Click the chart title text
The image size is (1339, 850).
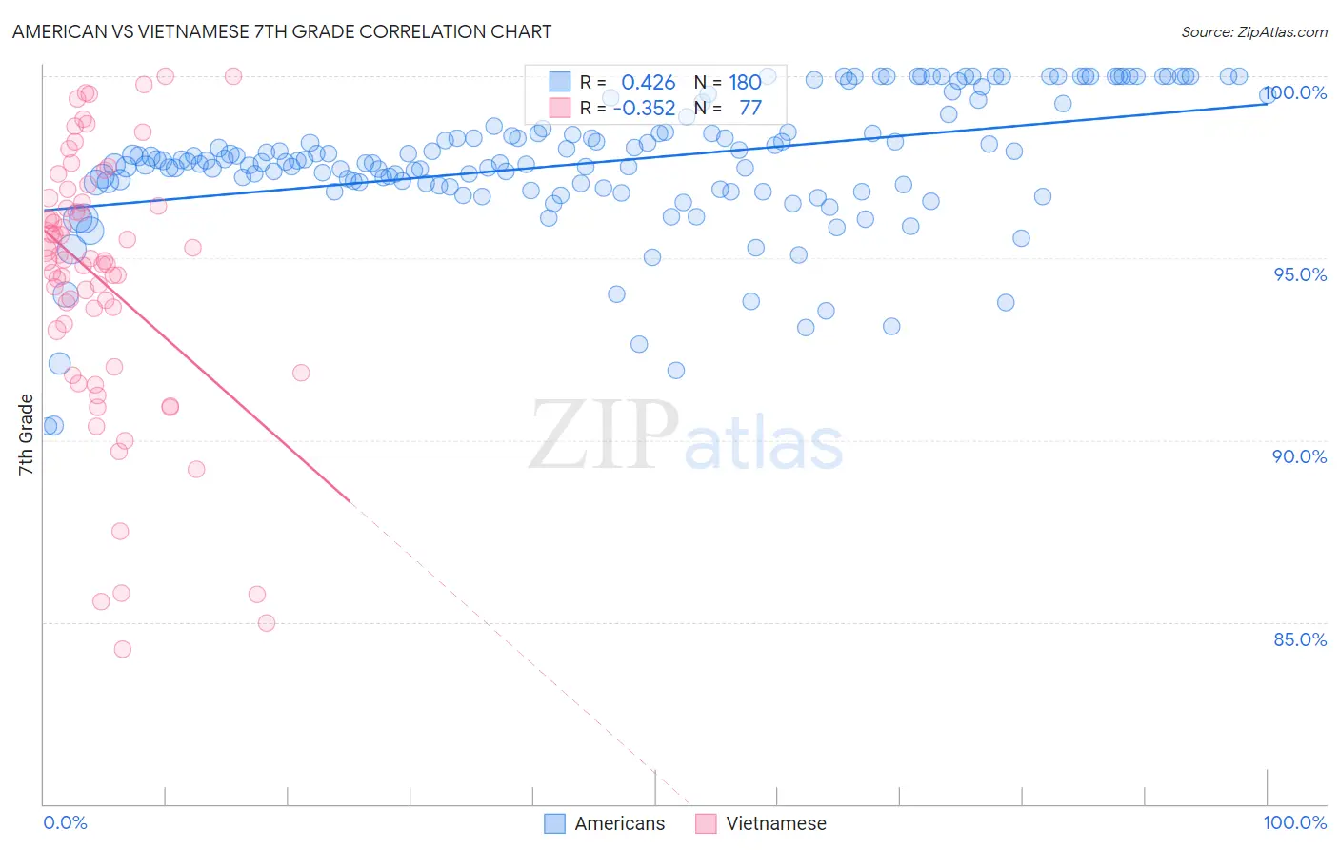point(282,31)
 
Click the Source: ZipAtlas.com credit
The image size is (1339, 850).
point(1253,31)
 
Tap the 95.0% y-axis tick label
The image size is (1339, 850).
point(1300,274)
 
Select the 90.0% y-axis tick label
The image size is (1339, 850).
point(1300,456)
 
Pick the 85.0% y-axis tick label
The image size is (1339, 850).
point(1300,639)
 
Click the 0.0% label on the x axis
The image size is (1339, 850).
point(66,822)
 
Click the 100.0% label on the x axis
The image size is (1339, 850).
point(1294,822)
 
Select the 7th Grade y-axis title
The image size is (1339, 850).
point(27,435)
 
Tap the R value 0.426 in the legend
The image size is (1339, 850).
point(648,83)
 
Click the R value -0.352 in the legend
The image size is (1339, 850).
point(644,108)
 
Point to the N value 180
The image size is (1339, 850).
point(745,83)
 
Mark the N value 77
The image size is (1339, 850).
point(749,108)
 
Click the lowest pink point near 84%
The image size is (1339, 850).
point(122,649)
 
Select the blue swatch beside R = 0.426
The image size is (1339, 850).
point(559,83)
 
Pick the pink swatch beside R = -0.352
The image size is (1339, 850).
point(559,108)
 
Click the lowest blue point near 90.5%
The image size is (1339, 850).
point(53,425)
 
